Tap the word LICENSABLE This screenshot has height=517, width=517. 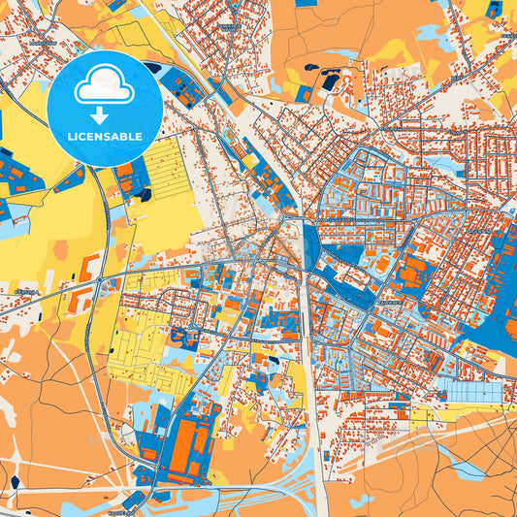point(105,136)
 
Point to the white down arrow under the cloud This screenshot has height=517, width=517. point(105,114)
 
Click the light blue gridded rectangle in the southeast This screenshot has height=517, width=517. point(472,392)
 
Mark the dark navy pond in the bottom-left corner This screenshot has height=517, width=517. point(15,482)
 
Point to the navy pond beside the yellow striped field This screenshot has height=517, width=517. point(145,195)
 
